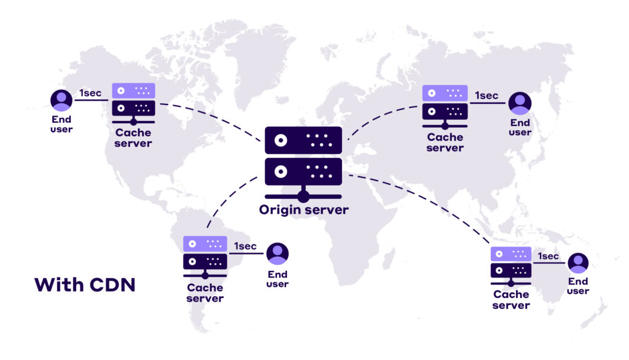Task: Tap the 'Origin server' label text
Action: pyautogui.click(x=303, y=210)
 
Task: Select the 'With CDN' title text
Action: pyautogui.click(x=85, y=285)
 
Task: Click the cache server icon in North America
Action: pyautogui.click(x=133, y=103)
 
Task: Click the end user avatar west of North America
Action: pyautogui.click(x=61, y=101)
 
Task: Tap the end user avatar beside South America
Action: pyautogui.click(x=278, y=254)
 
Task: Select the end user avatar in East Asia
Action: pyautogui.click(x=520, y=103)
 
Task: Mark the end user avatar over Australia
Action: pyautogui.click(x=577, y=264)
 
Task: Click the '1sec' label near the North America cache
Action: pyautogui.click(x=90, y=93)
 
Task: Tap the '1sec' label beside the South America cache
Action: pyautogui.click(x=245, y=246)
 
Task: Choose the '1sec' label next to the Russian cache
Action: pyautogui.click(x=486, y=96)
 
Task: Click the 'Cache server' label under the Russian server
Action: pyautogui.click(x=445, y=143)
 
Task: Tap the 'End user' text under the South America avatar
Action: pyautogui.click(x=278, y=279)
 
